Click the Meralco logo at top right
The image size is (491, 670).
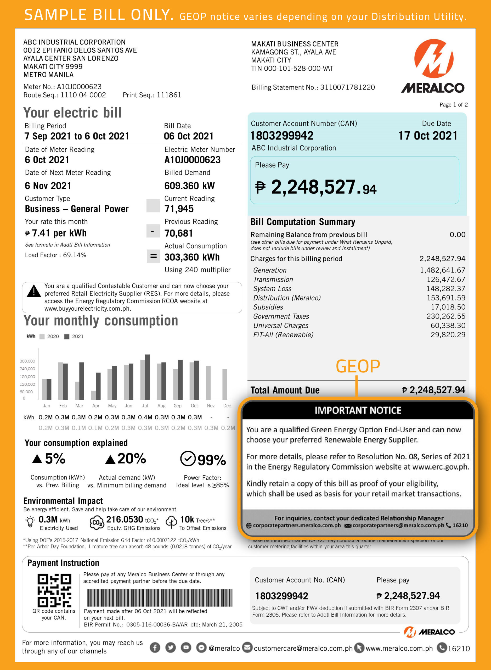tap(433, 66)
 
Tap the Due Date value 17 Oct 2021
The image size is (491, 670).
tap(428, 136)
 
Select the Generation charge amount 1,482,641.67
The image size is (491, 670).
tap(442, 270)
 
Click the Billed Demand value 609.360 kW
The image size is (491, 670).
tap(189, 186)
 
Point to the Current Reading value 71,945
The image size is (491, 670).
tap(179, 209)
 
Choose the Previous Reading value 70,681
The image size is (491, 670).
tap(179, 233)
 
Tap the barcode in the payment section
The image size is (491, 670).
tap(160, 598)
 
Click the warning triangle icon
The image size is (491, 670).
tap(34, 291)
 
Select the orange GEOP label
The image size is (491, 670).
tap(358, 366)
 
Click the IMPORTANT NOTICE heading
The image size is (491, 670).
tap(358, 410)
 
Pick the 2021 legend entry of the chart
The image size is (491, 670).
tap(74, 336)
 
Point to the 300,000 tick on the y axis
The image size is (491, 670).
tap(27, 361)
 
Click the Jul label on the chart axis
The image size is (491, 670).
tap(145, 406)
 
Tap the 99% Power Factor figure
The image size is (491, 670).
tap(211, 460)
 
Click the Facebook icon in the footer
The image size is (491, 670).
tap(155, 648)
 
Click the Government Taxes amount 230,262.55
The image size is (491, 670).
tap(446, 316)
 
